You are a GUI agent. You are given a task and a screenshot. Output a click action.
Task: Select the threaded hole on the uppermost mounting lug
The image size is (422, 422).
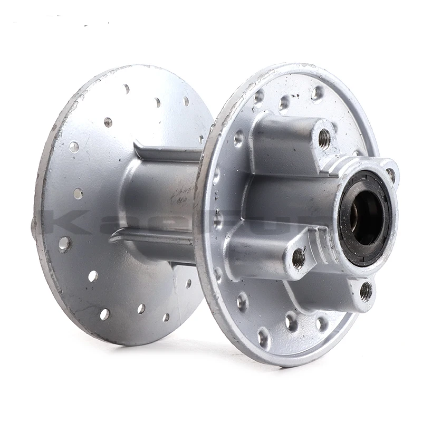pos(324,139)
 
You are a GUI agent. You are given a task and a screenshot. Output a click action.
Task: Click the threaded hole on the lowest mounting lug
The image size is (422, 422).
pos(366,291)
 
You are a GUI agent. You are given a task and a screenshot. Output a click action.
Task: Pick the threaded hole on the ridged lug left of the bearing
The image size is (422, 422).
pos(299,258)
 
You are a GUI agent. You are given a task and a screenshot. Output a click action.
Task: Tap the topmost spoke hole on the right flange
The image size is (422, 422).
pos(317,93)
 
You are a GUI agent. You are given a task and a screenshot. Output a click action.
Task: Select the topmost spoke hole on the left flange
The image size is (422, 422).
pos(127,89)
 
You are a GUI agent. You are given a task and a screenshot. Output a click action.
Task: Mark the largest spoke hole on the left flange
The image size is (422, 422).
pos(65,244)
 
